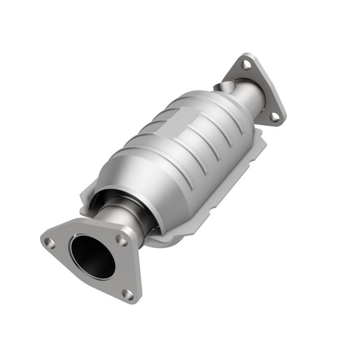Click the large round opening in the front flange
click(x=92, y=256)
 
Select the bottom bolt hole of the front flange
click(x=128, y=295)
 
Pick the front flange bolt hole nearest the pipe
click(x=121, y=239)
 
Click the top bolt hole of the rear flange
click(x=246, y=64)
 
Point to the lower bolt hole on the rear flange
click(x=274, y=117)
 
